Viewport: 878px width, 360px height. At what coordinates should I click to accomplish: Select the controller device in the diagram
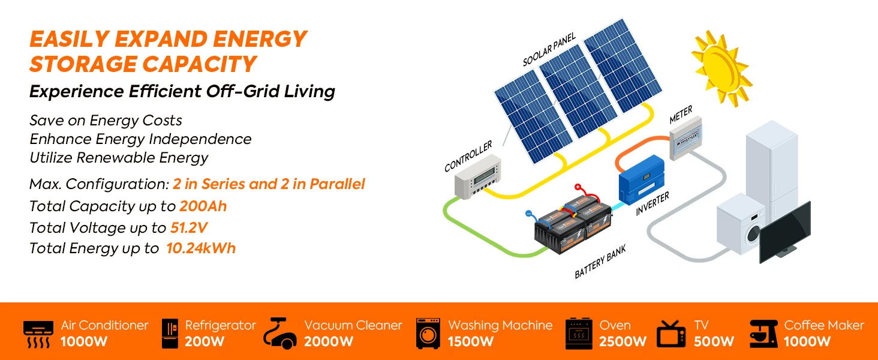477,181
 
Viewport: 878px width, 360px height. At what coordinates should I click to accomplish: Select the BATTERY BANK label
600,262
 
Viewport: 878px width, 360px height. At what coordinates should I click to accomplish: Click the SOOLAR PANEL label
549,50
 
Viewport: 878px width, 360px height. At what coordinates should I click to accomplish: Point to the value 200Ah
203,206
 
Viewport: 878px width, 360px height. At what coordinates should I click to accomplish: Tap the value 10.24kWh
201,248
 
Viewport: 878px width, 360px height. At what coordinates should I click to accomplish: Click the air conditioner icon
38,334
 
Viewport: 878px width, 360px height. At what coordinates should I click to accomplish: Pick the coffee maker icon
763,333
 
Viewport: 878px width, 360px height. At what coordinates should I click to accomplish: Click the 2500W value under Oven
623,341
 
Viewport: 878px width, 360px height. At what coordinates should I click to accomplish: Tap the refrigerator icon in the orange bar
170,333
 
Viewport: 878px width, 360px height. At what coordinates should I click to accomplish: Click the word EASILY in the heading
68,39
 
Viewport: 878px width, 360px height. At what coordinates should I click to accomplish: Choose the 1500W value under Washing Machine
471,341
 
